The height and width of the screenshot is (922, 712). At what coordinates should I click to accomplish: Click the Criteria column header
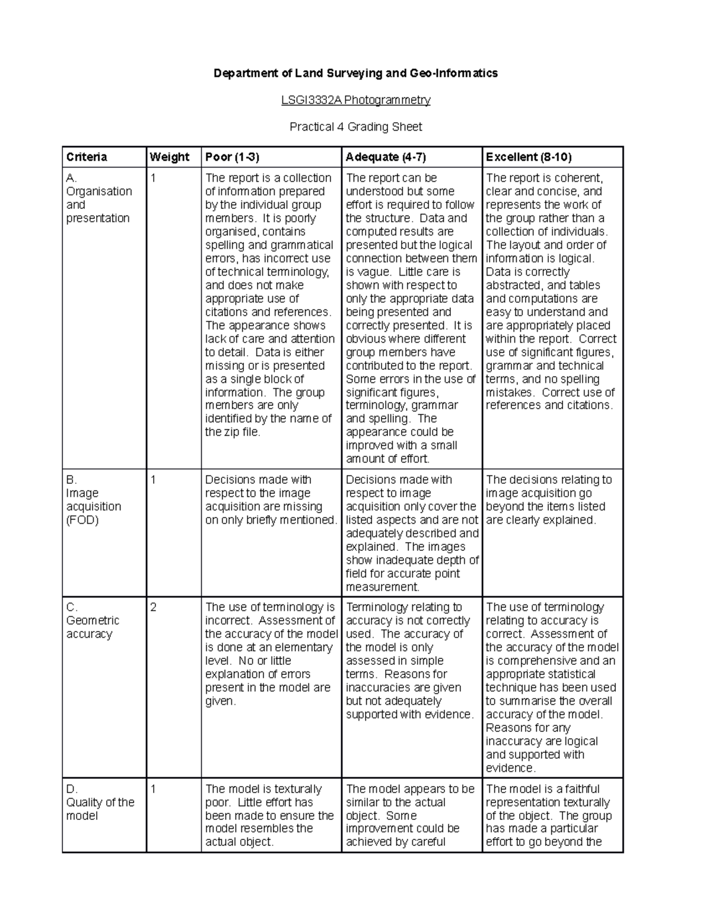tap(87, 157)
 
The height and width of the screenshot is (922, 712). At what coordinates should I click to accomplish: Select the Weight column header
tap(169, 157)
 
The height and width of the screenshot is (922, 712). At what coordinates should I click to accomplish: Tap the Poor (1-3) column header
tap(232, 157)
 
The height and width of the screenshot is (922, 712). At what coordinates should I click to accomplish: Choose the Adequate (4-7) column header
tap(386, 157)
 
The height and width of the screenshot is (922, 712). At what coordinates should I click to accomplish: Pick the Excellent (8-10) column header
tap(528, 157)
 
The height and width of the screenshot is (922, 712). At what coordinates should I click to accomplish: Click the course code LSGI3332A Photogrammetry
tap(355, 100)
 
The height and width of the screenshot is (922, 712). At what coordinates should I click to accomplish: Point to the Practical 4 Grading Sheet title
tap(355, 127)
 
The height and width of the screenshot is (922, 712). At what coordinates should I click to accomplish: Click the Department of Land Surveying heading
tap(355, 73)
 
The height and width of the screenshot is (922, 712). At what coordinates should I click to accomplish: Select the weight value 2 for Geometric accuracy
tap(153, 607)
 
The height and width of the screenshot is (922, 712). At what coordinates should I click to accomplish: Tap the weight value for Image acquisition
tap(153, 480)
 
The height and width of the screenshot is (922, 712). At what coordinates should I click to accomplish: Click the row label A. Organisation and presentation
tap(98, 198)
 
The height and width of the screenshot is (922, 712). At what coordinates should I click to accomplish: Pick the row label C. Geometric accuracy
tap(93, 620)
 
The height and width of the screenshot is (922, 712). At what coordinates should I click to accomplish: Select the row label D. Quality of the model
tap(100, 802)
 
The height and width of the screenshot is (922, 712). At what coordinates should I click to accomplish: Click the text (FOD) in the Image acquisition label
tap(82, 520)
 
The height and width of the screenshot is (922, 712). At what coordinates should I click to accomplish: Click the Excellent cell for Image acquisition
tap(548, 500)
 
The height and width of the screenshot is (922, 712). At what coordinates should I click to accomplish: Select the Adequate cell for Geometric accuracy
tap(409, 661)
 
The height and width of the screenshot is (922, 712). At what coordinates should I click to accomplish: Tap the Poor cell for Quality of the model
tap(269, 815)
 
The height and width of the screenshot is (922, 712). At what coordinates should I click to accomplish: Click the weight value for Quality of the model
tap(153, 789)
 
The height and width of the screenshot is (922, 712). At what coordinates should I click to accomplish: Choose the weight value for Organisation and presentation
tap(153, 178)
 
